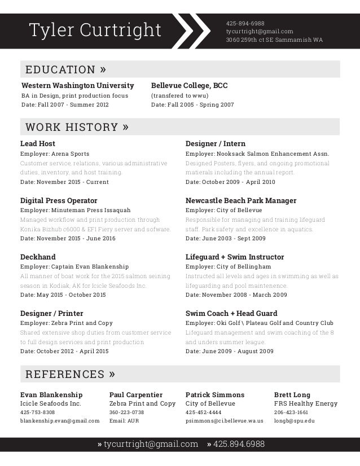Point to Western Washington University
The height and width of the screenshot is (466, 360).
77,86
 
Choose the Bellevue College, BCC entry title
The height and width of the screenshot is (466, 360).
189,86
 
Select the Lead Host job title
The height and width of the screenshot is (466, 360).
38,144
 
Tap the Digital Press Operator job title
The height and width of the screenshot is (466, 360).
59,200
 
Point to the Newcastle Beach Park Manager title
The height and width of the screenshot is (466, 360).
241,200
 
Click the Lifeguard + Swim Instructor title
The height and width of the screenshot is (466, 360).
235,257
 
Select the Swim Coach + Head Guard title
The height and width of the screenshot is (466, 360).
231,313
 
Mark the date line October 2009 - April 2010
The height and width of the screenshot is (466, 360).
230,182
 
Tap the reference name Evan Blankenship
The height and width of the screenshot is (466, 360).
51,394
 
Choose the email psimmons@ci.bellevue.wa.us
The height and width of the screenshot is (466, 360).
225,421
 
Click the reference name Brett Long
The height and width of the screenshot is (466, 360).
292,394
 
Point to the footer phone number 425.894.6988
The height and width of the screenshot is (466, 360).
236,445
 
